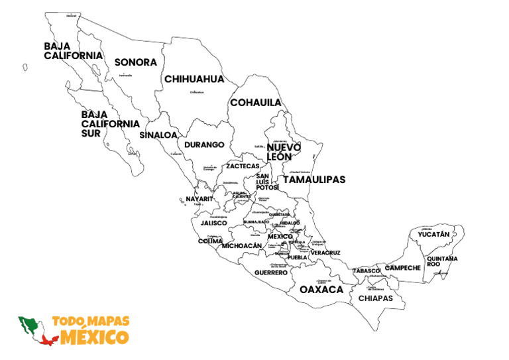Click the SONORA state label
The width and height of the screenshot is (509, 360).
[135, 62]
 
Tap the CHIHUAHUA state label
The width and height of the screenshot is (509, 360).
[194, 79]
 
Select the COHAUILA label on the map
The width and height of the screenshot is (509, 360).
[255, 103]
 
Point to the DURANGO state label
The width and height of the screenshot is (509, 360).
[204, 144]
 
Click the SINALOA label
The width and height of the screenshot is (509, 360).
[158, 135]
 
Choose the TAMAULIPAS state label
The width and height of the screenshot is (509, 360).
[314, 180]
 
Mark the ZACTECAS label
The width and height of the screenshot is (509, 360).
[243, 166]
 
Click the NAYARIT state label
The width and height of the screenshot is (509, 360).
[199, 199]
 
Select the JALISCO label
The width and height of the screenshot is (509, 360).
[213, 223]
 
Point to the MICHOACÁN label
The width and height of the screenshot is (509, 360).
[242, 245]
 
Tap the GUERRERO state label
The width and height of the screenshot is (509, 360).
[271, 272]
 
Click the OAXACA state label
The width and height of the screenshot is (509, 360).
[321, 290]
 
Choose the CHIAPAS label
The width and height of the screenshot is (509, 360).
[376, 298]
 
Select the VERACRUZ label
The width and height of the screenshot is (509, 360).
[325, 253]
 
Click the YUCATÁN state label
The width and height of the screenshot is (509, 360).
[434, 234]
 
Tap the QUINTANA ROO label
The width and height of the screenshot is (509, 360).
[442, 261]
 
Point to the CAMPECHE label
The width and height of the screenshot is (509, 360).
[403, 268]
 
